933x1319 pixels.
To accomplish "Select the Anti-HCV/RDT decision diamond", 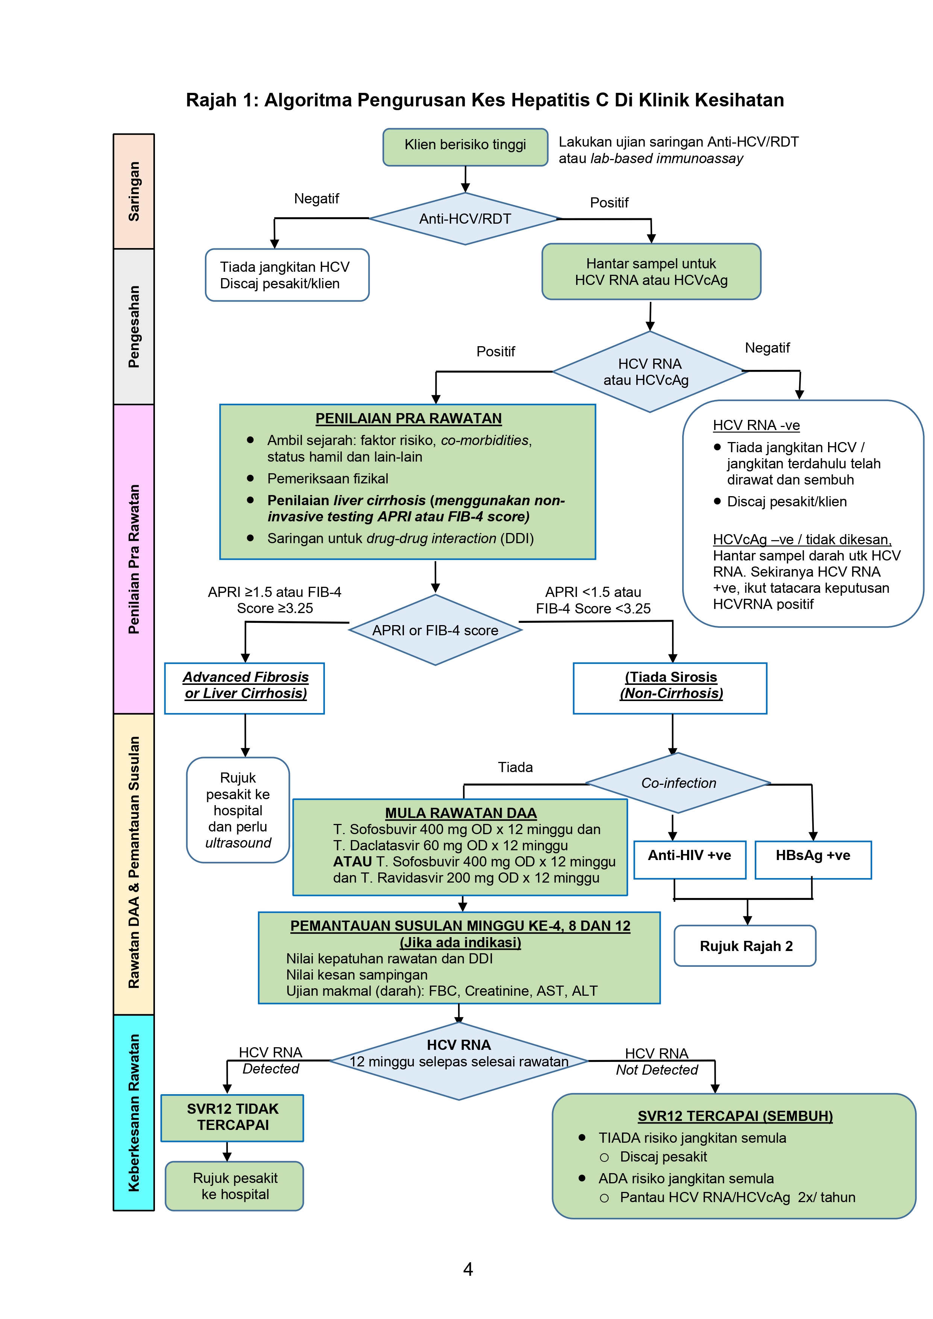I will click(x=464, y=219).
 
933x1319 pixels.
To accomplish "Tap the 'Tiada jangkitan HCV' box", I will click(x=286, y=275).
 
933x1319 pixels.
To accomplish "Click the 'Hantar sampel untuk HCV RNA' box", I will click(x=651, y=272).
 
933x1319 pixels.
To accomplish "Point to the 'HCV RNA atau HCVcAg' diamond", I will click(x=649, y=372).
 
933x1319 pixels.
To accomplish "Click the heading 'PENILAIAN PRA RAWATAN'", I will click(x=408, y=418).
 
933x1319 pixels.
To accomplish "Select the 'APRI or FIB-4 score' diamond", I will click(x=435, y=630).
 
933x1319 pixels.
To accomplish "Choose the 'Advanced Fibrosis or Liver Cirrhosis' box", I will click(x=245, y=688).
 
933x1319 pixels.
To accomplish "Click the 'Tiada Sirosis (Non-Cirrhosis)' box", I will click(x=670, y=688).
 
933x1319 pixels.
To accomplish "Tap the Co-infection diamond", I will click(x=678, y=783).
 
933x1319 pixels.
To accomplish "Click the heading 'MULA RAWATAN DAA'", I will click(x=460, y=813).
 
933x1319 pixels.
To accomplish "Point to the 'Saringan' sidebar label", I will click(x=134, y=191).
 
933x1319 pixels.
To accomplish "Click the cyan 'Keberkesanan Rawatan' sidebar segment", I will click(x=134, y=1113).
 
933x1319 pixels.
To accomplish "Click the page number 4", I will click(x=467, y=1269).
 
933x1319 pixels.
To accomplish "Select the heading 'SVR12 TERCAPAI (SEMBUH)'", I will click(x=735, y=1116).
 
